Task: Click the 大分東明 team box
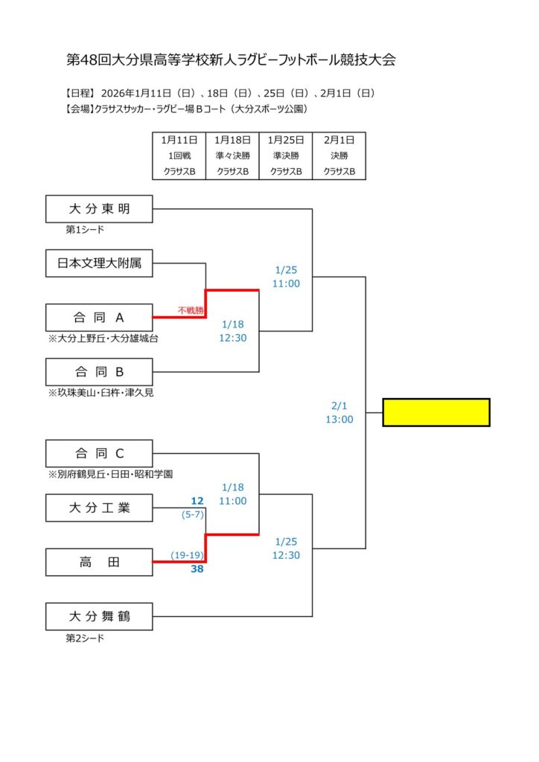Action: tap(99, 209)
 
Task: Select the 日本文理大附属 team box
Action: tap(99, 263)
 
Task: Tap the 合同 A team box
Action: tap(99, 318)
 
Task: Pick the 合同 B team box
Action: tap(99, 372)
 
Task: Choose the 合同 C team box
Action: tap(99, 453)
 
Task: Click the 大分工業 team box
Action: tap(99, 508)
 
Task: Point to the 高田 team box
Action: tap(99, 563)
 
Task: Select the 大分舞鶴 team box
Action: tap(99, 616)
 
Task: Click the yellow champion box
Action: tap(436, 412)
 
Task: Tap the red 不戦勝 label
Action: tap(191, 310)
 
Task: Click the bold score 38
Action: tap(197, 569)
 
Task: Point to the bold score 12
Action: tap(197, 501)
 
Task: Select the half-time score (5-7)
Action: tap(193, 513)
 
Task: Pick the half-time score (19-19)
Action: tap(187, 555)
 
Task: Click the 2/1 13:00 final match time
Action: tap(339, 413)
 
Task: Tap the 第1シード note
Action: tap(85, 230)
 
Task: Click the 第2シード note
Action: tap(85, 638)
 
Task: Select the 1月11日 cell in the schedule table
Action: tap(179, 139)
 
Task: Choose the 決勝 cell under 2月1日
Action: tap(339, 156)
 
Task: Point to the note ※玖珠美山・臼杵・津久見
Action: tap(101, 392)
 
